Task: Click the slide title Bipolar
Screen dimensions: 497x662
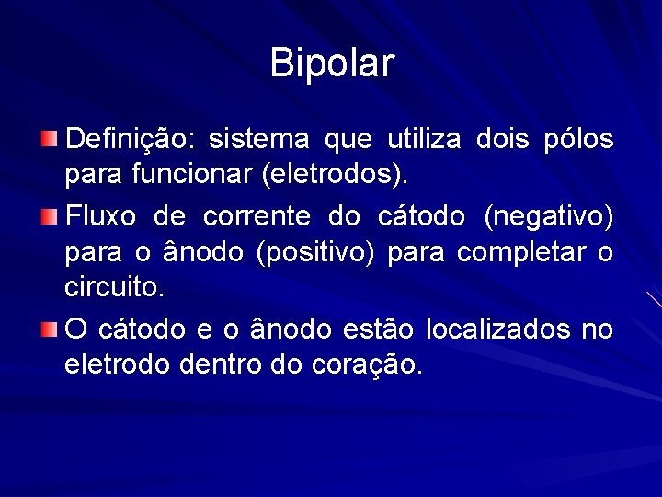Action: tap(332, 64)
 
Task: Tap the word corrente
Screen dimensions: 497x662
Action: tap(257, 218)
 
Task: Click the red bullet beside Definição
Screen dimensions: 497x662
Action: tap(49, 140)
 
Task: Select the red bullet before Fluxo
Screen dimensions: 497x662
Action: tap(49, 217)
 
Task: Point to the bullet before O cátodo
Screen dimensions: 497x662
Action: tap(49, 329)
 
